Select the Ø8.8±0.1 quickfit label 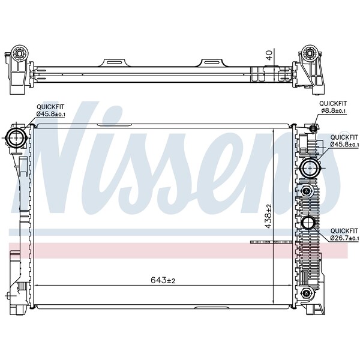(x=333, y=106)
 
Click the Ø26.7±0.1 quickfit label (x=344, y=234)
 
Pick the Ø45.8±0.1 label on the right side (x=344, y=140)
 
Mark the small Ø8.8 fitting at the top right (x=313, y=128)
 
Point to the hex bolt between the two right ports (x=307, y=191)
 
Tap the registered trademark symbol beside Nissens (x=344, y=133)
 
